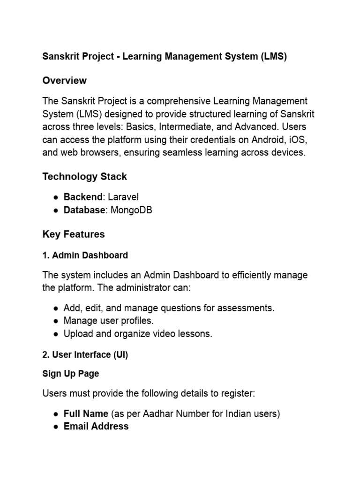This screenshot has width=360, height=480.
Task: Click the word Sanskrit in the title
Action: (60, 57)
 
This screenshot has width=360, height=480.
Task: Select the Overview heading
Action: (64, 81)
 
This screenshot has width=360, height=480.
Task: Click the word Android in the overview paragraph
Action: (253, 140)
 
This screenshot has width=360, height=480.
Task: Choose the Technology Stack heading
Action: (84, 177)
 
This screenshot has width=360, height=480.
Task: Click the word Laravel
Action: (123, 197)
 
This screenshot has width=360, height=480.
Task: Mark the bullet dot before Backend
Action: (56, 197)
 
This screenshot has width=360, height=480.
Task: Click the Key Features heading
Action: (74, 234)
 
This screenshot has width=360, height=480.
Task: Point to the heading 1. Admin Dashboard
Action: (85, 255)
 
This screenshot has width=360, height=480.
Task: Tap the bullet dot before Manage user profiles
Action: (56, 321)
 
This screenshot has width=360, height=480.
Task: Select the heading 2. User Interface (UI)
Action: (85, 355)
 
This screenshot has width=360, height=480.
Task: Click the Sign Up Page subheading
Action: (70, 374)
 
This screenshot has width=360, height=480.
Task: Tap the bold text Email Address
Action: (96, 426)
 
